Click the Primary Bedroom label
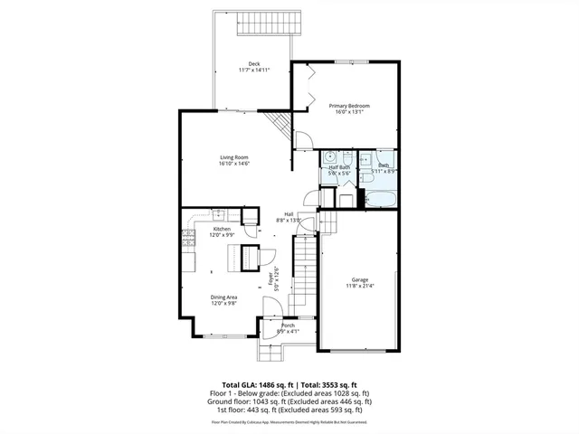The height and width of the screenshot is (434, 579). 349,106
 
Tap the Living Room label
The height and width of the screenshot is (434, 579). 233,158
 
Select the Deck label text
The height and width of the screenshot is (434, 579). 254,63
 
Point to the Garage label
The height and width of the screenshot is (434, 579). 360,279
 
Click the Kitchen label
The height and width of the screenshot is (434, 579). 222,230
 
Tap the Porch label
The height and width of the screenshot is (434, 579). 288,325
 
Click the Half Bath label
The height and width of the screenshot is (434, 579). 339,166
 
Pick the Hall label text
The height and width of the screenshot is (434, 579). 289,214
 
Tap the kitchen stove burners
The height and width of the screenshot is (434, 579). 189,239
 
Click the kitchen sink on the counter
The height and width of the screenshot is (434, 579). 218,213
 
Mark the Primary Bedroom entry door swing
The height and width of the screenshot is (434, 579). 304,141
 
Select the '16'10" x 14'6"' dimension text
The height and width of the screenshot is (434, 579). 233,165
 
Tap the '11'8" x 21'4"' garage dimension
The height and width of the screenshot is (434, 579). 360,286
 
